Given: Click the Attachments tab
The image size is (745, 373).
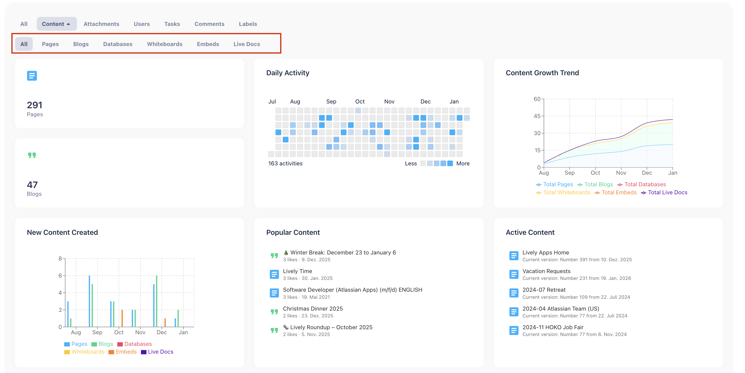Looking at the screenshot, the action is pos(101,24).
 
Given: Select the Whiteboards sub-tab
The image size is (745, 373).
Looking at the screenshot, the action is pos(165,44).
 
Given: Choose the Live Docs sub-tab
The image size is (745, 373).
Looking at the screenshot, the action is pos(247,44).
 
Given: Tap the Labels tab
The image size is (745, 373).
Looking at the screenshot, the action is pos(248,24).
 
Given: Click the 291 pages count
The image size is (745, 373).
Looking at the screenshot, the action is pos(34,105).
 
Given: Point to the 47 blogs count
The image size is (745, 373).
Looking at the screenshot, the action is pos(32,184).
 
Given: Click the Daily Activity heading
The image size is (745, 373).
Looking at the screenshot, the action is pos(288,73).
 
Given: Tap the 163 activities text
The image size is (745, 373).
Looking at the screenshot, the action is pos(285,163).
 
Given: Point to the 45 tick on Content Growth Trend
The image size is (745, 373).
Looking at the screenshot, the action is pos(537,116).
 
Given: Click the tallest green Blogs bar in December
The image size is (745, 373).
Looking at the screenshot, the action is pos(157,301).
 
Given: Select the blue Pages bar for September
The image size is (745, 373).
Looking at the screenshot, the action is pos(89,301).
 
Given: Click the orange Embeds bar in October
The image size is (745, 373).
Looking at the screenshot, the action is pos(122,318).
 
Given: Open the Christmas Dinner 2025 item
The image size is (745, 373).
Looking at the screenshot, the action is pos(313,309).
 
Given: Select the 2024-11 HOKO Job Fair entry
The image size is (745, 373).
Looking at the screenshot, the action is pos(553,327).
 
